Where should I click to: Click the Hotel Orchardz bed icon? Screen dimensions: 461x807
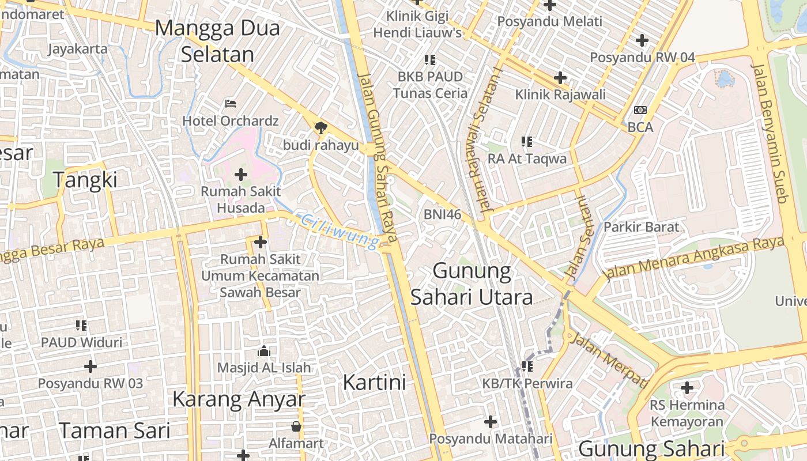pos(231,104)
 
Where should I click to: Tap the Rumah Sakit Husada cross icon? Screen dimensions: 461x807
pos(241,174)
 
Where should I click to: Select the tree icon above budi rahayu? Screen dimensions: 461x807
pos(320,128)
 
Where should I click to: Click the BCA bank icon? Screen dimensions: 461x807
pos(640,110)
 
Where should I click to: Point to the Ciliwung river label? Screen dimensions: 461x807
pos(340,232)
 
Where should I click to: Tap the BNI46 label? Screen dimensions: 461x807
pos(443,214)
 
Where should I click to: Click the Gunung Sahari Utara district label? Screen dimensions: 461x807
pos(472,284)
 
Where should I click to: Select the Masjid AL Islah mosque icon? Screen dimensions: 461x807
pos(264,351)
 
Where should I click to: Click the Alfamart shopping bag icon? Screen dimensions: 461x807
pos(296,426)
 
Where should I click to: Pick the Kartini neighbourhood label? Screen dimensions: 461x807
pos(374,382)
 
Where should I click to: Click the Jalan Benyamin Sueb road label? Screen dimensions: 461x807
pos(770,133)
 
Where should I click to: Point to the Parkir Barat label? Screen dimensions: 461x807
pos(641,227)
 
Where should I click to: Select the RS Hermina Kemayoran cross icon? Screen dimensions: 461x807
pos(687,388)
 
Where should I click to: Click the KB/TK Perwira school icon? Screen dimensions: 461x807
pos(527,366)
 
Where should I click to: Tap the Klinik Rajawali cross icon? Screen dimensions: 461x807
pos(560,78)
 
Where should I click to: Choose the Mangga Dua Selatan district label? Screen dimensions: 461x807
pos(217,41)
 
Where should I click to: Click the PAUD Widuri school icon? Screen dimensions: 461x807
pos(81,326)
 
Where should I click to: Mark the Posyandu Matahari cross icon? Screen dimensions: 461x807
pos(491,422)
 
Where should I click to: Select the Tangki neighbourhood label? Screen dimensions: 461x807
pos(85,180)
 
